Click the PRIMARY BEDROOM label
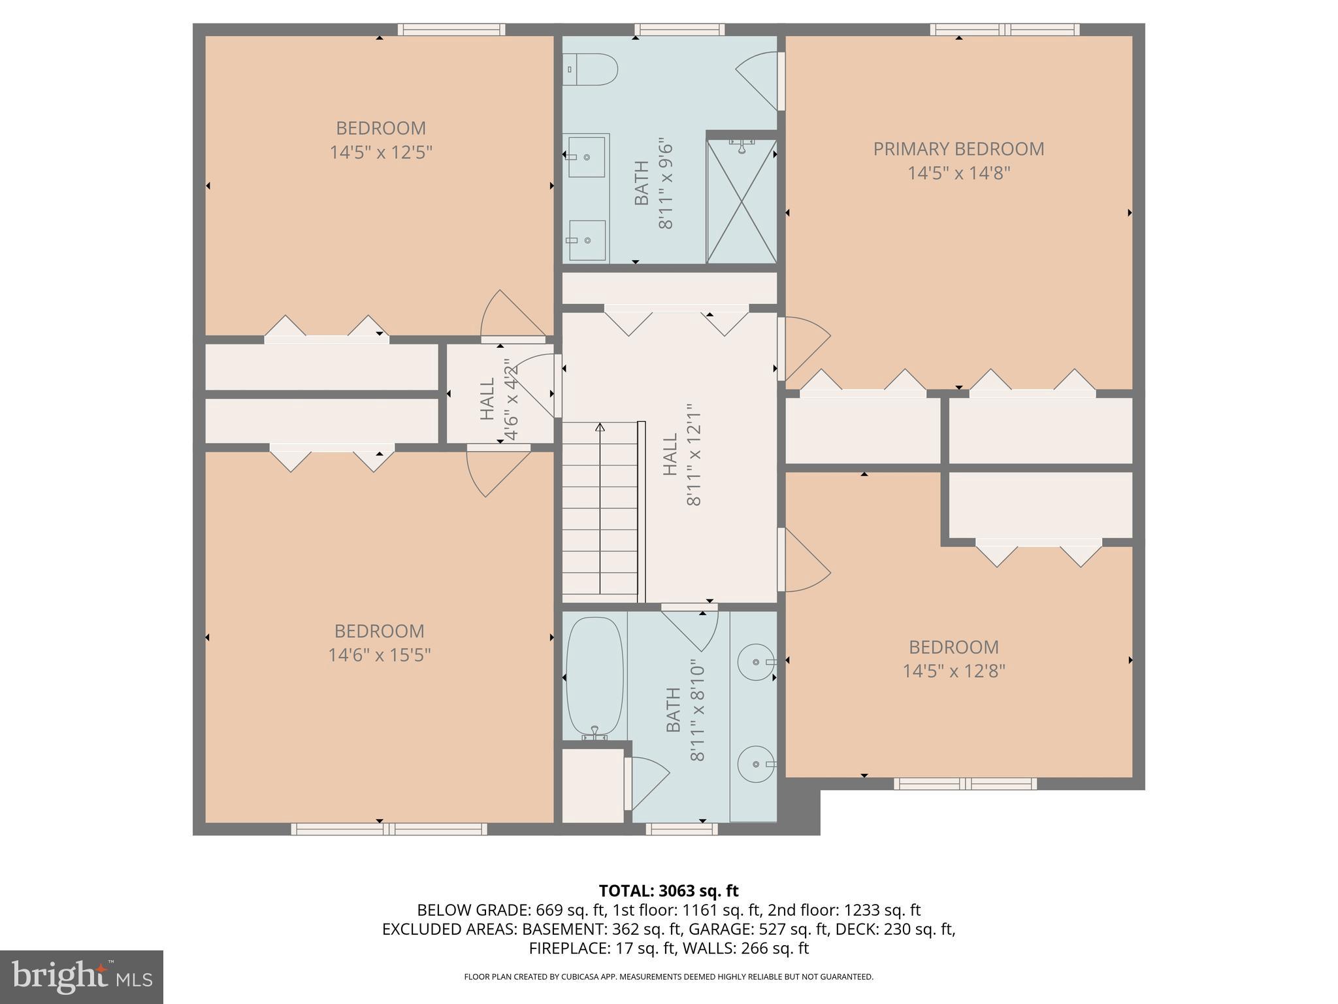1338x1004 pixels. tap(958, 149)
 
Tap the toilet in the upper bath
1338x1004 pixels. tap(591, 69)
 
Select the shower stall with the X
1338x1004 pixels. tap(742, 201)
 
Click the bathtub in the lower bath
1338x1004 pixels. tap(594, 678)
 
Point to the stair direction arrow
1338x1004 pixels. tap(600, 428)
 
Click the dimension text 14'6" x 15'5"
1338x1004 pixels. tap(379, 655)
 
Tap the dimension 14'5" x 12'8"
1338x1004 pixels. tap(953, 671)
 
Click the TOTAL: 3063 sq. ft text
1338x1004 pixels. tap(668, 891)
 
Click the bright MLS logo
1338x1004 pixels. tap(82, 977)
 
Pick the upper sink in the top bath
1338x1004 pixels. tap(586, 157)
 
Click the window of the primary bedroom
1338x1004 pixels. tap(1004, 29)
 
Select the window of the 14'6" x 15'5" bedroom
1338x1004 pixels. tap(389, 829)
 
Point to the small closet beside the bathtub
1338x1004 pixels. tap(593, 785)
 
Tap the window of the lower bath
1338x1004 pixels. tap(681, 829)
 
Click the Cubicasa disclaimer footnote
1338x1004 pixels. tap(668, 977)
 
